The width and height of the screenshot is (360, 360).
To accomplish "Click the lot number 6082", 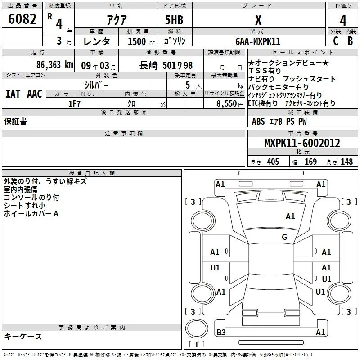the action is [x=22, y=19].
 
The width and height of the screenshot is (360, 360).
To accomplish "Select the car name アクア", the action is [x=117, y=20].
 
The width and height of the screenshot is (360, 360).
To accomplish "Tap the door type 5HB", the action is [x=174, y=20].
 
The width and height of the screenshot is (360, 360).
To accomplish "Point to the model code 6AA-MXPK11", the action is [x=258, y=41].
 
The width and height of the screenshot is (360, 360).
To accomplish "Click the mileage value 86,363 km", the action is [x=55, y=65].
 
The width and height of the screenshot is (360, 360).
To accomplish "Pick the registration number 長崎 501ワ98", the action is [x=166, y=65].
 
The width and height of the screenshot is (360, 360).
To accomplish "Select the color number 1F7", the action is [x=74, y=104].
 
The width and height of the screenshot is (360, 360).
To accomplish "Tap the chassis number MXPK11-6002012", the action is [x=302, y=143].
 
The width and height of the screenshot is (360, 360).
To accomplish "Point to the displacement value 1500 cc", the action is [x=141, y=41].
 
